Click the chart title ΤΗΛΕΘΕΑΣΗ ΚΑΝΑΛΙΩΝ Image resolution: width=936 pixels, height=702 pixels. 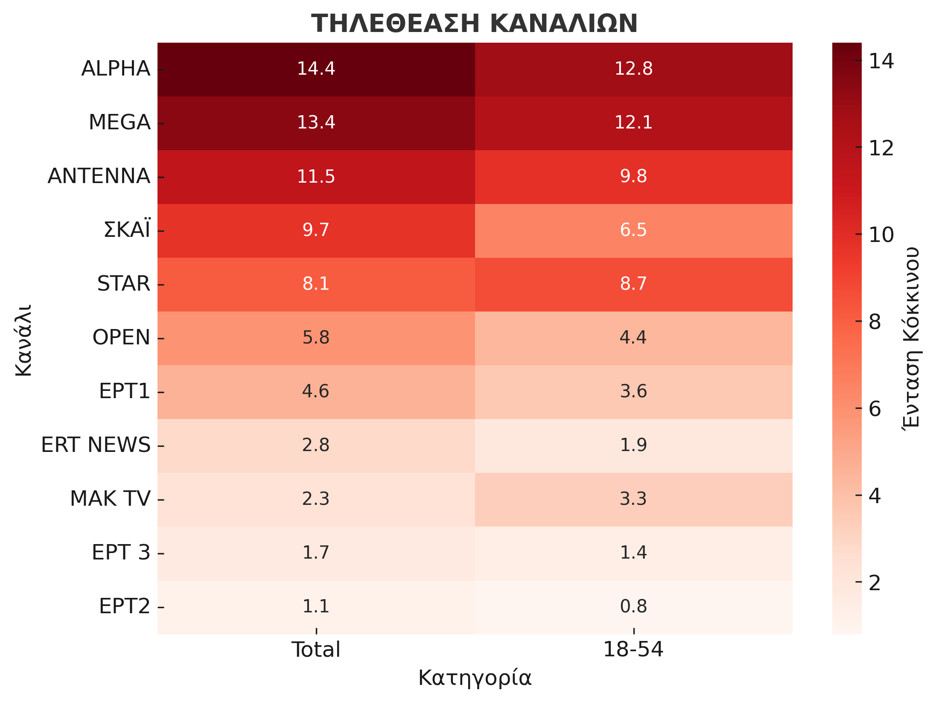click(x=474, y=23)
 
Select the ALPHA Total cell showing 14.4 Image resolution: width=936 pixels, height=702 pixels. click(x=316, y=69)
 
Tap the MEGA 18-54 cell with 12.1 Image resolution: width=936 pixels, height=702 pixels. click(x=633, y=122)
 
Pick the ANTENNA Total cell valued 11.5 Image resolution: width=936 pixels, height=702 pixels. click(x=316, y=176)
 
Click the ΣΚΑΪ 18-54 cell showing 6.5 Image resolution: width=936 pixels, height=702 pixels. click(x=633, y=230)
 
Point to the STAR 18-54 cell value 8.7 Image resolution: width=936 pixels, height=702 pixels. click(x=633, y=284)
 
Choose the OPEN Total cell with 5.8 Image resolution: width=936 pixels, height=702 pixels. click(x=316, y=338)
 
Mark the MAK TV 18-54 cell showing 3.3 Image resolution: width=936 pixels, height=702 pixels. click(x=633, y=499)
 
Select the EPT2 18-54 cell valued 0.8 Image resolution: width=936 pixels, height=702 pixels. click(x=633, y=606)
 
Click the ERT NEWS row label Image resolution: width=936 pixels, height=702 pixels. click(x=96, y=445)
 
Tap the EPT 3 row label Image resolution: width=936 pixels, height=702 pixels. click(x=121, y=553)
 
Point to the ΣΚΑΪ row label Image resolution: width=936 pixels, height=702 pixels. click(x=127, y=230)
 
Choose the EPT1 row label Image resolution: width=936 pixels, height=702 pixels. click(x=124, y=391)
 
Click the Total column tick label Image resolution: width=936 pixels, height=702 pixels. click(x=316, y=650)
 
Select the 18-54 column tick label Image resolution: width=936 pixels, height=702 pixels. click(x=633, y=650)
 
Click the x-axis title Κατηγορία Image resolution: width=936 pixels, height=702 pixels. click(x=475, y=678)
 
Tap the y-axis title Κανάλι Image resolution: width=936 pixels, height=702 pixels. click(x=23, y=340)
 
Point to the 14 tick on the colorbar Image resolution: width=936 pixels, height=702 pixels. click(x=881, y=61)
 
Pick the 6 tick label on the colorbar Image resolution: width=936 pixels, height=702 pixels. click(x=875, y=409)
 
